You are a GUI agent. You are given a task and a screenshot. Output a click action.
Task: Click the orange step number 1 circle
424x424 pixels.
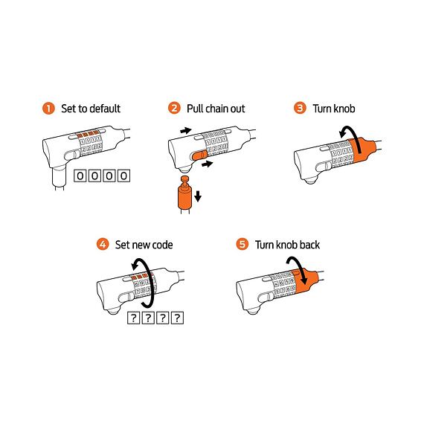(49, 109)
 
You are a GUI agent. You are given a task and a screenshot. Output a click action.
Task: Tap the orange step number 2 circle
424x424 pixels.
(175, 109)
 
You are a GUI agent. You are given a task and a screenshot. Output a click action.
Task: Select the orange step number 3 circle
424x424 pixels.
(300, 109)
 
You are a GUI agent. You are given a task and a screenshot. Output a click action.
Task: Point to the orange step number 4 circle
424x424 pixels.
(103, 244)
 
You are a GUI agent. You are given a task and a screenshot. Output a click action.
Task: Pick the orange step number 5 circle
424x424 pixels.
(242, 244)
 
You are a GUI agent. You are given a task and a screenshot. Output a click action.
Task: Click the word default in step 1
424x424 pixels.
(103, 109)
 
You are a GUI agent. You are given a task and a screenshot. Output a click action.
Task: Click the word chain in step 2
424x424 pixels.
(214, 109)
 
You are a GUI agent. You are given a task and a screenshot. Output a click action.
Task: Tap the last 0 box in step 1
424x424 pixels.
(123, 176)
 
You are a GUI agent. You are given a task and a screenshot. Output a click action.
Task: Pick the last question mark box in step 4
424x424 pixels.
(176, 318)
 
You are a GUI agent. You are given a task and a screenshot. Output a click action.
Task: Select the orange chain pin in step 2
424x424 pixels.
(183, 196)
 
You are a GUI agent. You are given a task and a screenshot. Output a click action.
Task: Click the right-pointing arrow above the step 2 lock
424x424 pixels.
(186, 130)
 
